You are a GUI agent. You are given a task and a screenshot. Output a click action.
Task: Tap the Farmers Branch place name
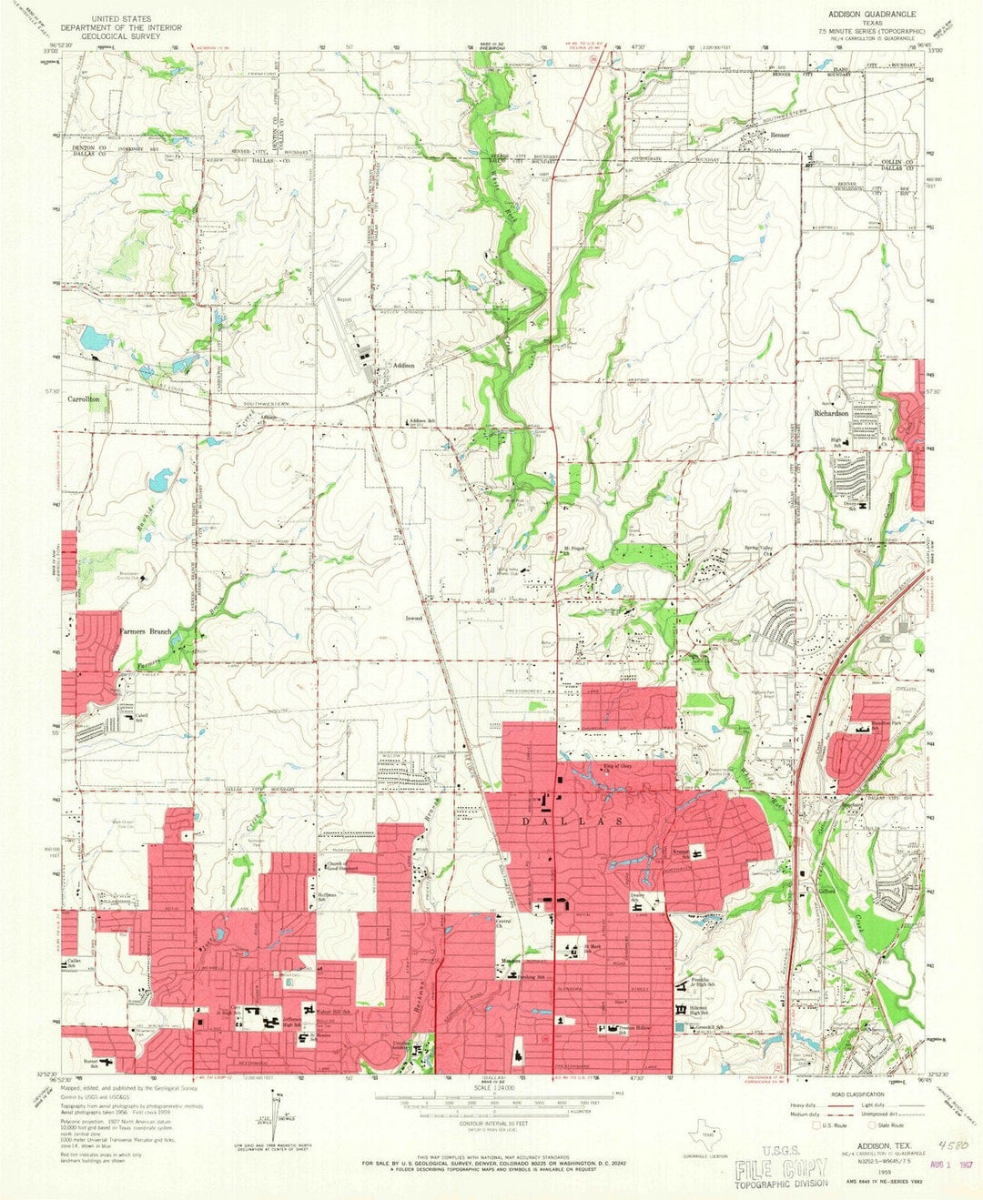point(146,630)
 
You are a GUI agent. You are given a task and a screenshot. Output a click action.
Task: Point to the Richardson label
point(831,412)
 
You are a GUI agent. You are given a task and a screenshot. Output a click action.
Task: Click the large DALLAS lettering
point(587,820)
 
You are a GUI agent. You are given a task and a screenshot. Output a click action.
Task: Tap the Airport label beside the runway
point(344,297)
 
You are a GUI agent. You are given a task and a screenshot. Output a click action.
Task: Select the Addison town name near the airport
point(402,366)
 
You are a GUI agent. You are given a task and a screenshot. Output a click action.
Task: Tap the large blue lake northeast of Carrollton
point(94,340)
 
